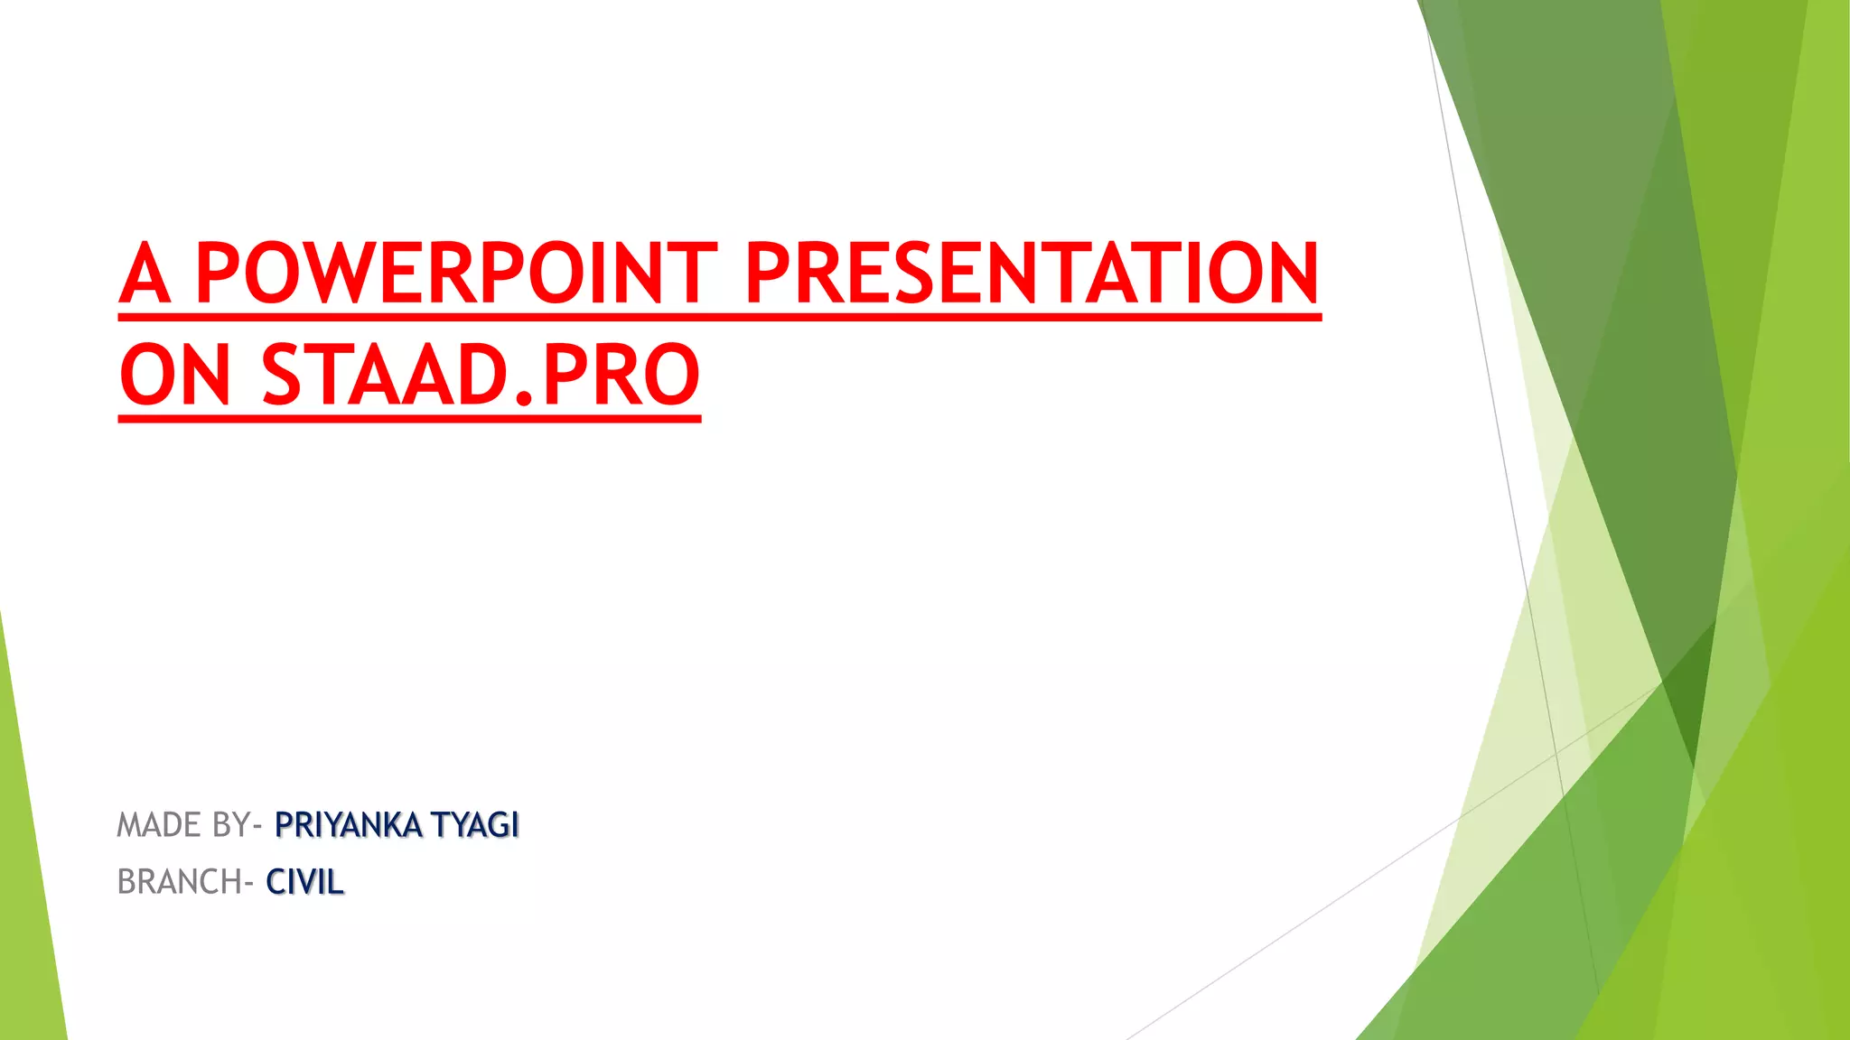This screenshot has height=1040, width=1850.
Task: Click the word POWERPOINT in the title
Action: pyautogui.click(x=456, y=273)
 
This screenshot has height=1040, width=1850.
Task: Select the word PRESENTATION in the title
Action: pyautogui.click(x=1032, y=273)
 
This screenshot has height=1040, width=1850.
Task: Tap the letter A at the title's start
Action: pyautogui.click(x=145, y=274)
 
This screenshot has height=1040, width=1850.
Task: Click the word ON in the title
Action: pyautogui.click(x=175, y=375)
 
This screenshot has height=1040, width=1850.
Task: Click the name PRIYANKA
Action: pyautogui.click(x=348, y=825)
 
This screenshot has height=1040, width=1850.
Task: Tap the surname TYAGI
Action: pyautogui.click(x=475, y=825)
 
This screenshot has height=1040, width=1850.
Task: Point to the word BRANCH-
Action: pyautogui.click(x=184, y=882)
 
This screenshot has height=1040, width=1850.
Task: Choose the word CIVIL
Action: pyautogui.click(x=305, y=882)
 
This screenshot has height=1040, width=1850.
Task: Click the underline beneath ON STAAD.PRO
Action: pyautogui.click(x=409, y=418)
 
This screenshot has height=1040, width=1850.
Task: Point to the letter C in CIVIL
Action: pyautogui.click(x=276, y=882)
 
